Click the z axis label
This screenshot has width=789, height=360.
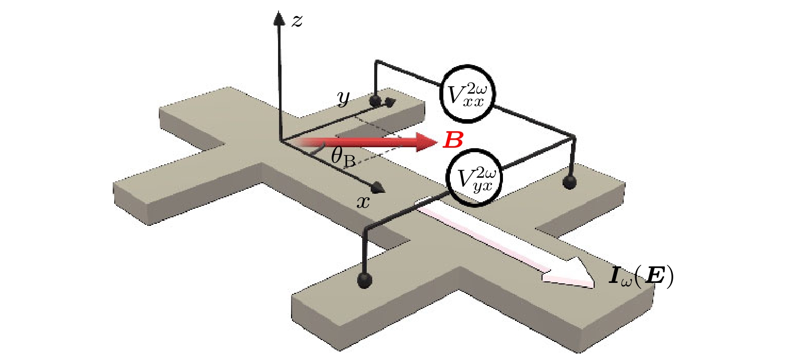coord(297,21)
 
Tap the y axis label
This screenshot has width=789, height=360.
coord(344,99)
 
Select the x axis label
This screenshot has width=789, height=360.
coord(363,202)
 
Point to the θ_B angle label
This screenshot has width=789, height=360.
coord(343,157)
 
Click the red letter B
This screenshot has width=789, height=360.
coord(453,141)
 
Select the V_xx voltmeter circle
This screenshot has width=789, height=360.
coord(467,93)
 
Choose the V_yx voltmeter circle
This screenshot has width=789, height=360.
coord(474,178)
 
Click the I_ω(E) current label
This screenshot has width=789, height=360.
coord(641,277)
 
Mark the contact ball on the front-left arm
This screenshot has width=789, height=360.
coord(365,279)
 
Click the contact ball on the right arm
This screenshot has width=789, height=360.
coord(569,181)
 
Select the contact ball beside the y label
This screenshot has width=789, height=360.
coord(375,101)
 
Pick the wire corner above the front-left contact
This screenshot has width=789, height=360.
coord(366,230)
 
